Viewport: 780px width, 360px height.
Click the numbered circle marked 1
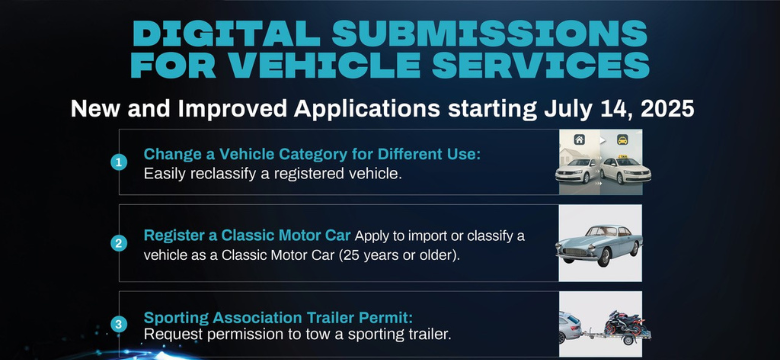tap(119, 162)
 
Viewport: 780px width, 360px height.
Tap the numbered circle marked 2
tap(119, 243)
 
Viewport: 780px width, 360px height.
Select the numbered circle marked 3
tap(119, 323)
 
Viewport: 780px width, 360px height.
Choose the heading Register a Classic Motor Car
tap(247, 236)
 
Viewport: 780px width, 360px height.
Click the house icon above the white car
tap(578, 141)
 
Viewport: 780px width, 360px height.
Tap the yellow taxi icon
tap(623, 141)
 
